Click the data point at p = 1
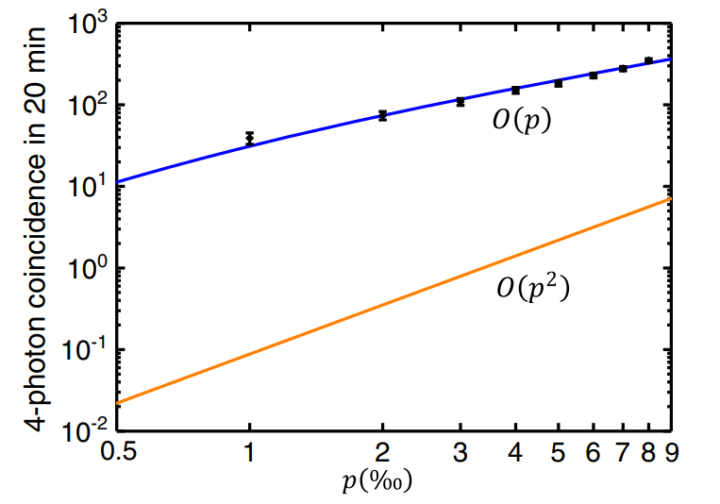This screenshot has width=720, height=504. (249, 138)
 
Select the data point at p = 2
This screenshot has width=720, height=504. (382, 115)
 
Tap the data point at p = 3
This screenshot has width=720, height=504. (460, 101)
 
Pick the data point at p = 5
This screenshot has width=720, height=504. (558, 83)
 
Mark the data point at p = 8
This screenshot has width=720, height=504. (648, 60)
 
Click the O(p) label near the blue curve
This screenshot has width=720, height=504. (521, 122)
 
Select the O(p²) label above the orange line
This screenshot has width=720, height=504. (534, 287)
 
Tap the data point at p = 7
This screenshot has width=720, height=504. (623, 68)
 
